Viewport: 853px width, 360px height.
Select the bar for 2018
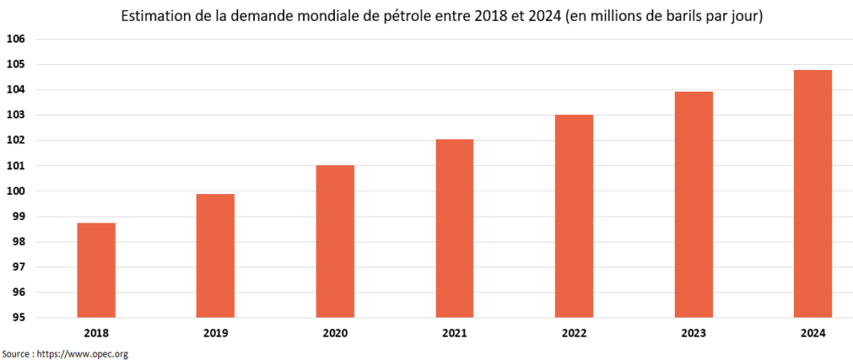[96, 270]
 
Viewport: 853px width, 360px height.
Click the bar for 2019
[215, 256]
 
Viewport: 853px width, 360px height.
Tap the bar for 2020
[335, 242]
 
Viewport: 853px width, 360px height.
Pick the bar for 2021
[454, 228]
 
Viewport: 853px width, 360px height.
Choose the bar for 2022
[574, 216]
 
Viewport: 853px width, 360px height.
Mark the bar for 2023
[693, 204]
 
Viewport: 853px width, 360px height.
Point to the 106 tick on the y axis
[17, 39]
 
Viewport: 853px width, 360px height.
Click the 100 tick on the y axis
[17, 191]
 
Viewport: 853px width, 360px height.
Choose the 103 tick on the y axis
[17, 115]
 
